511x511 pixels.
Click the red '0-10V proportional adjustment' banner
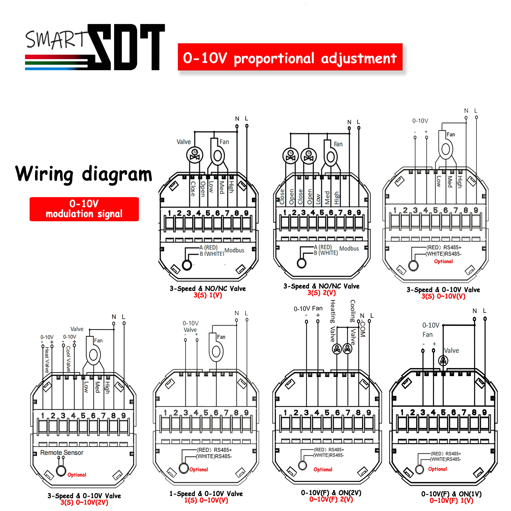coord(290,57)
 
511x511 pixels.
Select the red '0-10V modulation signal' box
coord(84,209)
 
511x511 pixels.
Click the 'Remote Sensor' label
coord(62,453)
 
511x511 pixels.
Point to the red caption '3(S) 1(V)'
coord(208,295)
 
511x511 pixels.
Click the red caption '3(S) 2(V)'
coord(321,292)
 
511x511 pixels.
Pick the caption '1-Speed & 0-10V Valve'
coord(206,494)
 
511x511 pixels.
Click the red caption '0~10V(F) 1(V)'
coord(451,500)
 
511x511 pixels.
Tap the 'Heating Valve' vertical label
coord(333,321)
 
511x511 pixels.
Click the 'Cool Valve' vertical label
coord(68,359)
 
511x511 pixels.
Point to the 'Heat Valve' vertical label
coord(47,360)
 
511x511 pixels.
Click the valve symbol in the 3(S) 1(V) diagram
coord(195,155)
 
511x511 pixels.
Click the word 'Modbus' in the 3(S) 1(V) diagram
coord(234,250)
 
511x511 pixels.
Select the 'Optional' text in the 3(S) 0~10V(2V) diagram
coord(77,475)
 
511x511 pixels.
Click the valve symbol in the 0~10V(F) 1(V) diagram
coord(443,360)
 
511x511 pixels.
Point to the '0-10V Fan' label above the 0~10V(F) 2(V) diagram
coord(308,308)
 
